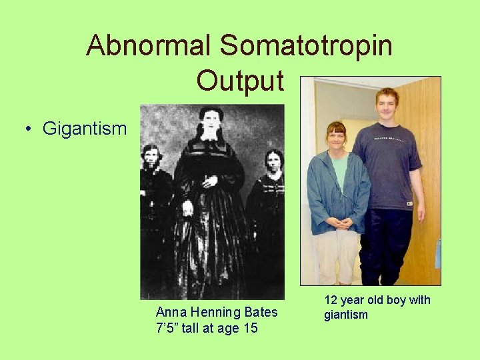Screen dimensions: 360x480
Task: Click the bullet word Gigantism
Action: (84, 128)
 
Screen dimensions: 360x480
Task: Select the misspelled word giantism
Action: (346, 315)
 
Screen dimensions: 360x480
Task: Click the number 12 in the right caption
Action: (331, 300)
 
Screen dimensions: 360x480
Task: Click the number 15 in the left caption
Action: (249, 327)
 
